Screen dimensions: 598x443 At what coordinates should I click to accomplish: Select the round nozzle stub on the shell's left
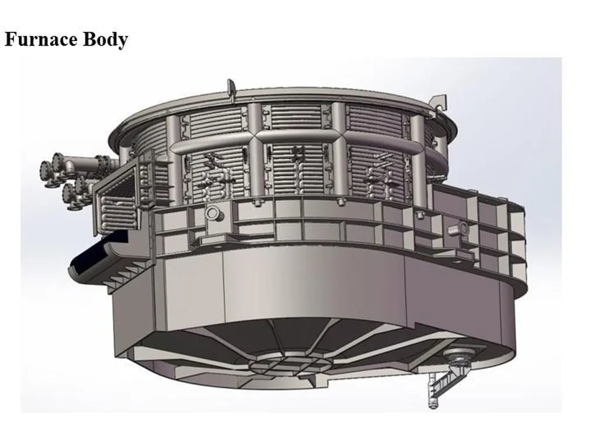point(214,214)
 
